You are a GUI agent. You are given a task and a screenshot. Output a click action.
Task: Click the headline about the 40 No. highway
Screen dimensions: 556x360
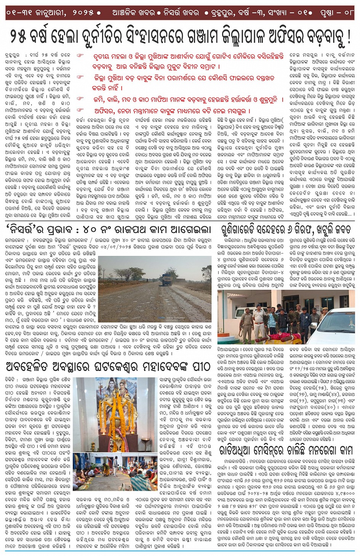pyautogui.click(x=109, y=230)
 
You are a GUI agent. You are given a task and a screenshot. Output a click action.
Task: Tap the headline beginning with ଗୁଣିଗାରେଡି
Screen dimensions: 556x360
pyautogui.click(x=287, y=230)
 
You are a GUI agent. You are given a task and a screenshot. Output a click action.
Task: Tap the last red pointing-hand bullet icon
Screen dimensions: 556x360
pyautogui.click(x=80, y=111)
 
